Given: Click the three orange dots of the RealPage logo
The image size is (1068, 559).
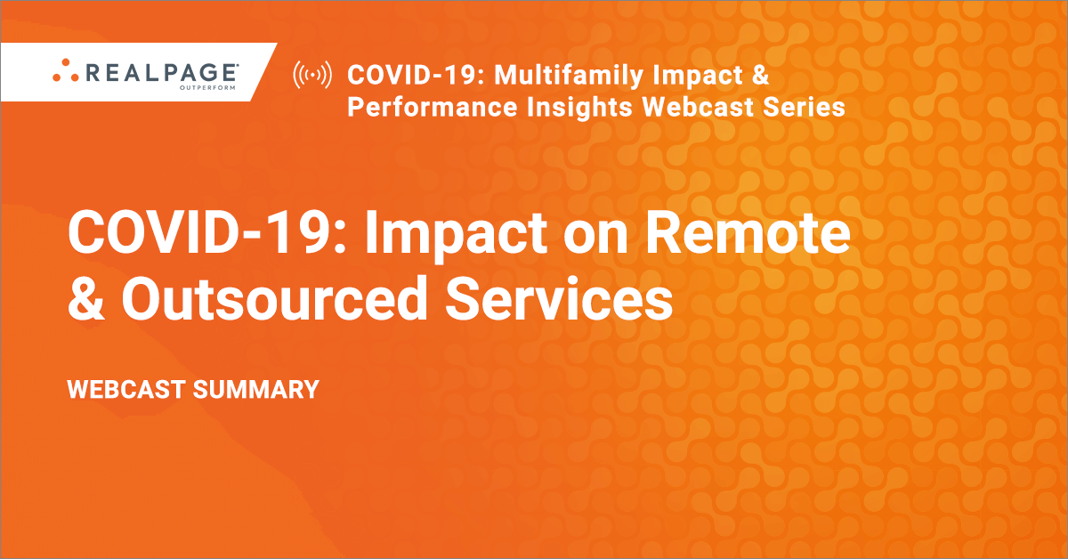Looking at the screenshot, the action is click(65, 70).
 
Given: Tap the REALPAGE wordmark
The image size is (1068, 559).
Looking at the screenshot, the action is click(161, 72).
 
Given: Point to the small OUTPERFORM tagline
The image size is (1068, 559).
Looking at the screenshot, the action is click(207, 88).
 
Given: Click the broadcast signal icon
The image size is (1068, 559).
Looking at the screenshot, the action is click(312, 75).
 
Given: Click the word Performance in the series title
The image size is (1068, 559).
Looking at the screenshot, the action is click(432, 107).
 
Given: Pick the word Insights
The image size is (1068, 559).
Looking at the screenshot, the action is click(579, 108).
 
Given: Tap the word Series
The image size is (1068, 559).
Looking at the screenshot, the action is click(804, 107).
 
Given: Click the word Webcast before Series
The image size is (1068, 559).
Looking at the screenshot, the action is click(698, 107).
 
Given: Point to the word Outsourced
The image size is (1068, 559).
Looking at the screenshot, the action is click(274, 299).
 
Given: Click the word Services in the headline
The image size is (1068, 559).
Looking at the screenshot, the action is click(559, 299).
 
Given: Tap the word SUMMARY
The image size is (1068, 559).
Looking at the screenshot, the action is click(256, 390).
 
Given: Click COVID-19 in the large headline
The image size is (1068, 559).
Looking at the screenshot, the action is click(206, 233).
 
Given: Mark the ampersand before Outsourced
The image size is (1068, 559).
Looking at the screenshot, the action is click(85, 299).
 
